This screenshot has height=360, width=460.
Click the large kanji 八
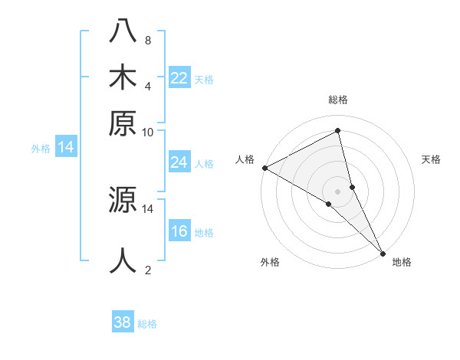point(123,32)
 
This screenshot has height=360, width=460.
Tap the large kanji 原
point(123,122)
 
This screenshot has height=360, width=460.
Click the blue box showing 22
point(179,78)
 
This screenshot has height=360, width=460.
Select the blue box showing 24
point(179,162)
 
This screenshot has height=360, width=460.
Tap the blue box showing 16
point(179,231)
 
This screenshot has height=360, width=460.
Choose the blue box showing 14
point(66,148)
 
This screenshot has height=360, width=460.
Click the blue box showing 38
point(123,322)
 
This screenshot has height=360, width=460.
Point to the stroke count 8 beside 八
point(147,40)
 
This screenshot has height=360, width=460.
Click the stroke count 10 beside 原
point(147,132)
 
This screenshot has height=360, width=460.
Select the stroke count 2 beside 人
point(147,270)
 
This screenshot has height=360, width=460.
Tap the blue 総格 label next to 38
point(147,324)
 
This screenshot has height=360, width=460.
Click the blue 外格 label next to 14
point(41,149)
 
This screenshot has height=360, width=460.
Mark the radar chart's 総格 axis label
point(338,100)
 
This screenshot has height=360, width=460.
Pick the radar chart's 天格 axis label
point(431,159)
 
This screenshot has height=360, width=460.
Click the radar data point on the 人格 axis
point(264,168)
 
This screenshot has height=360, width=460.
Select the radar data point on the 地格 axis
point(383,253)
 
